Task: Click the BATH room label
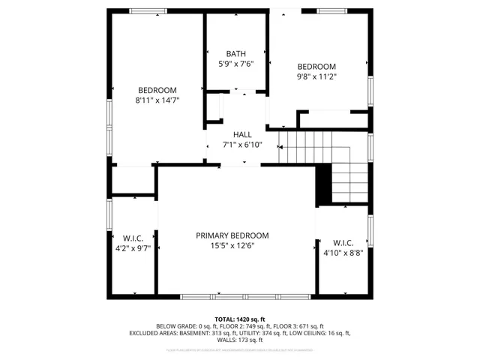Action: point(236,53)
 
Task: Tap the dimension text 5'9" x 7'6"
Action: point(236,64)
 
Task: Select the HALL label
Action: point(242,134)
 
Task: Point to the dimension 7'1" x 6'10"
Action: point(242,145)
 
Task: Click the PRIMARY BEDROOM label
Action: point(232,235)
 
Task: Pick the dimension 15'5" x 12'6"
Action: point(232,246)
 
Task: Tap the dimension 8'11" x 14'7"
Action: point(157,100)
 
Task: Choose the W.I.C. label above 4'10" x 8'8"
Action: point(343,242)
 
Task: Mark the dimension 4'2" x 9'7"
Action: point(133,247)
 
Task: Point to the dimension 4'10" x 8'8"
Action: point(343,253)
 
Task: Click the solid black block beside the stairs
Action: point(323,184)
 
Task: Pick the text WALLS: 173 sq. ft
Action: point(239,340)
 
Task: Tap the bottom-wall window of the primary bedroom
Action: point(246,296)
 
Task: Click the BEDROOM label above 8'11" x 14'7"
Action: point(157,90)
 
